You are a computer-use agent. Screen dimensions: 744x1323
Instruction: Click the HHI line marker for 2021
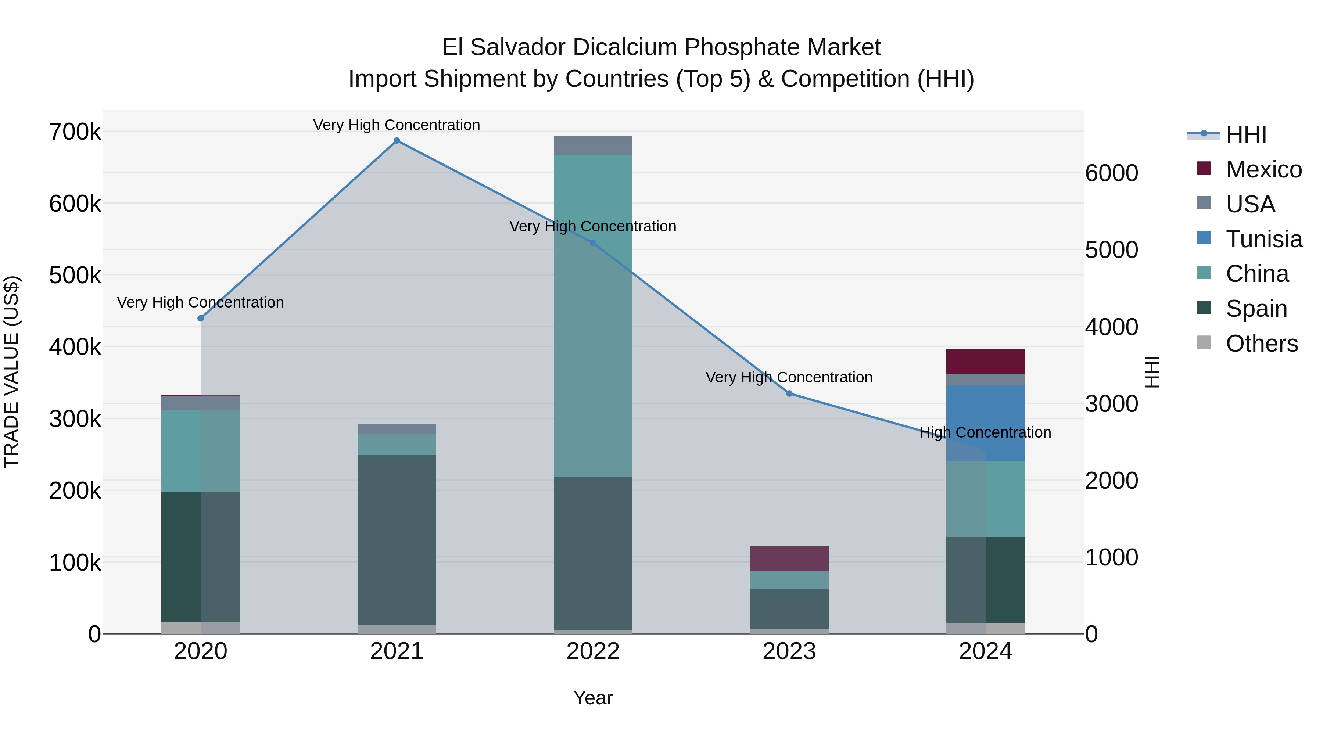(397, 141)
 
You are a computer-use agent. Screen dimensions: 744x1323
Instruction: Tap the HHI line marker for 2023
(789, 393)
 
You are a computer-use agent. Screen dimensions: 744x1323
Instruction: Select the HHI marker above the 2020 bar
(201, 318)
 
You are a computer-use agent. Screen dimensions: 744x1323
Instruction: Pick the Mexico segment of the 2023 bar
(789, 558)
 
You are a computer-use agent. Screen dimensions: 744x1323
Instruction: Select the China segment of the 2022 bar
(593, 315)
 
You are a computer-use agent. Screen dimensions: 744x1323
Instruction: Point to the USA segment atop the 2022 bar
(593, 145)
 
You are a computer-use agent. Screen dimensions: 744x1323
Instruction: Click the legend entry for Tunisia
(1263, 239)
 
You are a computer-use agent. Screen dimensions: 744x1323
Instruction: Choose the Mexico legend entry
(1263, 169)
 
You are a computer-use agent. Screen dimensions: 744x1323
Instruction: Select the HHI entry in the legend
(1246, 134)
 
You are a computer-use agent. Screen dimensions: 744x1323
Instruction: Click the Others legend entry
(1261, 344)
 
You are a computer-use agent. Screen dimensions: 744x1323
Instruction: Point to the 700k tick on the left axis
(75, 132)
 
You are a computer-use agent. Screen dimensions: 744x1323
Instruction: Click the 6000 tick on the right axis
(1111, 173)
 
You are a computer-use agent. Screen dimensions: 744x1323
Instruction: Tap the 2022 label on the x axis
(593, 651)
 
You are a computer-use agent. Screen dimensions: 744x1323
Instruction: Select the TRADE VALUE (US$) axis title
(11, 372)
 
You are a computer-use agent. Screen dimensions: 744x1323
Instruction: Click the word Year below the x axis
(593, 698)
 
